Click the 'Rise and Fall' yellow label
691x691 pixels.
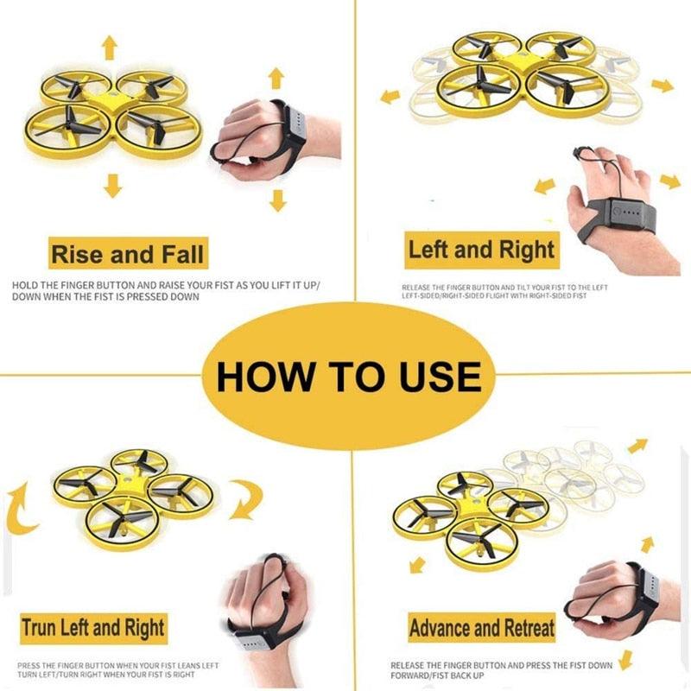click(128, 255)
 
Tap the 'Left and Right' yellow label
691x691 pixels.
click(481, 251)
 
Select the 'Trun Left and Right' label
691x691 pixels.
click(93, 626)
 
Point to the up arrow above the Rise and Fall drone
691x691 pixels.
click(110, 47)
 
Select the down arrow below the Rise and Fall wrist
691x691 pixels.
click(276, 200)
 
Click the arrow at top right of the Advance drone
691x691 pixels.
click(637, 446)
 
